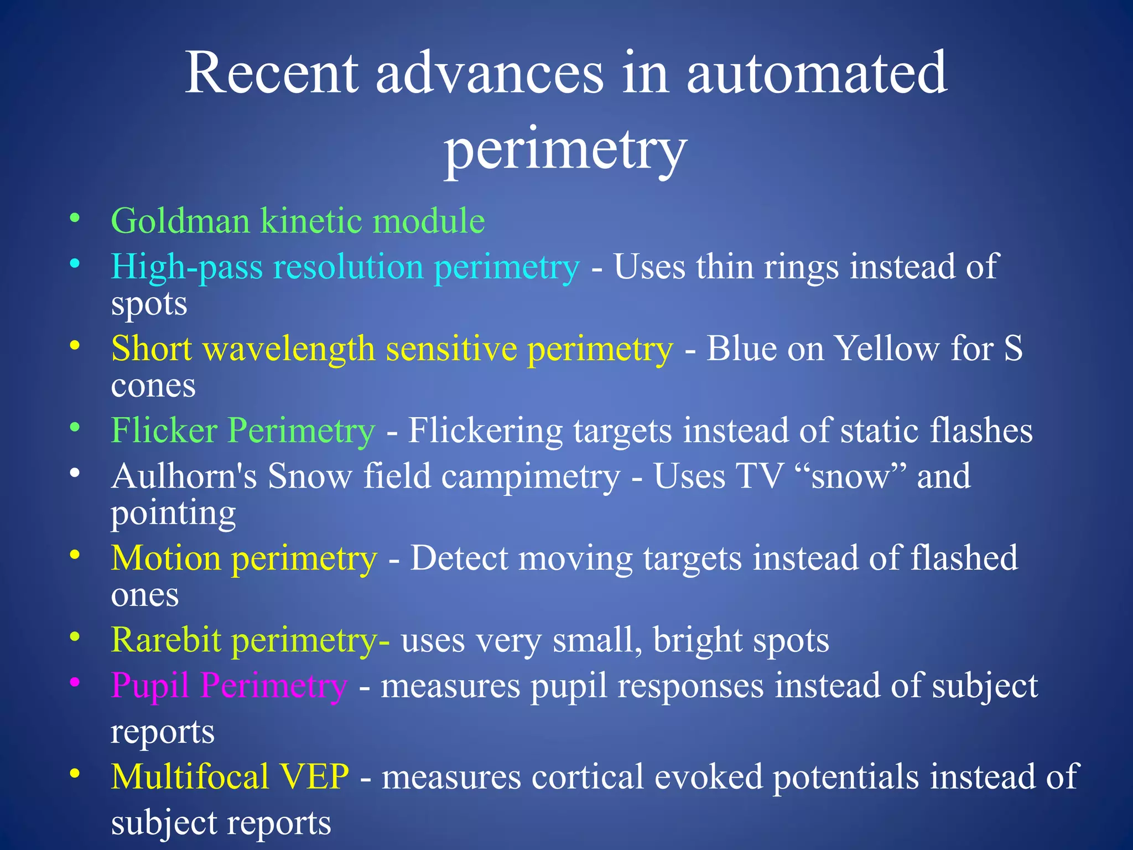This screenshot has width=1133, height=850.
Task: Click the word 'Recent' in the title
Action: pyautogui.click(x=272, y=73)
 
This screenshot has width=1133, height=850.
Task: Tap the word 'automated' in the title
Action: pyautogui.click(x=817, y=73)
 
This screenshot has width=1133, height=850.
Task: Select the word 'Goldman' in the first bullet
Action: pyautogui.click(x=180, y=221)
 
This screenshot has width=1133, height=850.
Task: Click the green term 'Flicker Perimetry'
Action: pyautogui.click(x=243, y=430)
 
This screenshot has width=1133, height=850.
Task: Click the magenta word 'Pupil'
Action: pyautogui.click(x=150, y=686)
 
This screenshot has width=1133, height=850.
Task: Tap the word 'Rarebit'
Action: pyautogui.click(x=166, y=640)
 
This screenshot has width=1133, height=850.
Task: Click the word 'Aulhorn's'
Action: pyautogui.click(x=184, y=476)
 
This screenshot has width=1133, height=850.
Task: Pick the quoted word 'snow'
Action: pyautogui.click(x=850, y=477)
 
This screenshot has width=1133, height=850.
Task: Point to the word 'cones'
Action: pyautogui.click(x=153, y=386)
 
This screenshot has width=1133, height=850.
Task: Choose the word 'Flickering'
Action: pyautogui.click(x=485, y=430)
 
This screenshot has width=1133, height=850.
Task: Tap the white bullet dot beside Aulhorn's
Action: pyautogui.click(x=75, y=473)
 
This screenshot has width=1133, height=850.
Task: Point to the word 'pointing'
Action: pyautogui.click(x=173, y=514)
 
